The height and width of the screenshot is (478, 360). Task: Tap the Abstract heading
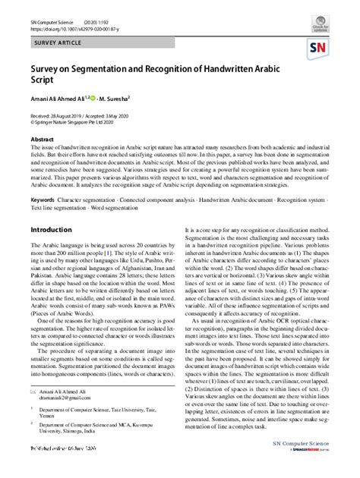[42, 140]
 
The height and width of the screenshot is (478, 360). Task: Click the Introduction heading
[51, 229]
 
